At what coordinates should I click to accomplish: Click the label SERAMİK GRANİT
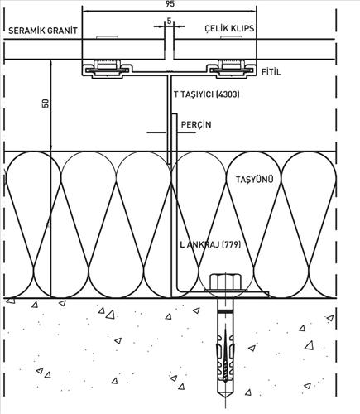point(43,31)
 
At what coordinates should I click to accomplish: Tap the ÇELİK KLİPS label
point(229,28)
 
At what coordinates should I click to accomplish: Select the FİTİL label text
point(271,72)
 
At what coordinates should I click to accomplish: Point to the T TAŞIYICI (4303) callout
point(207,94)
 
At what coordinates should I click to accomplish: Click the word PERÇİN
point(196,124)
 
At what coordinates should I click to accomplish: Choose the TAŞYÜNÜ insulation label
point(254,180)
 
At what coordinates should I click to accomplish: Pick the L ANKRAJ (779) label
point(210,244)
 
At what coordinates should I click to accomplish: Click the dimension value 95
point(170,4)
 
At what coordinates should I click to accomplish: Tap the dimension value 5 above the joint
point(169,21)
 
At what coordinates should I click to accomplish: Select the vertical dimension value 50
point(46,103)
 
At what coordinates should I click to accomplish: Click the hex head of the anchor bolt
point(224,281)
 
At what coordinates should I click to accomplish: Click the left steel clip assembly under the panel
point(108,69)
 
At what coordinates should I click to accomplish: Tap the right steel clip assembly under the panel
point(231,69)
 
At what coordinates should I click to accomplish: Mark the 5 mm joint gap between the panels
point(170,49)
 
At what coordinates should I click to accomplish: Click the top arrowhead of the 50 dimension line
point(50,63)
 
